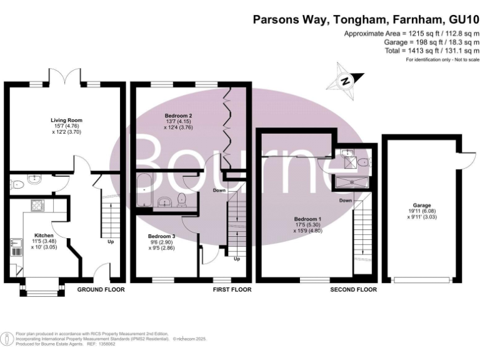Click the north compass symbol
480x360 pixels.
345,79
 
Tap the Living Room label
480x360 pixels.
67,120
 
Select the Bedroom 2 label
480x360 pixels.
178,116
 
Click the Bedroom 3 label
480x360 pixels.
162,236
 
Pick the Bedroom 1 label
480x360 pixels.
307,219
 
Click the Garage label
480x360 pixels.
421,205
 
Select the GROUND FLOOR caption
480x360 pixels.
101,290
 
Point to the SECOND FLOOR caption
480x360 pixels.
354,290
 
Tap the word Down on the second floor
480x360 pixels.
346,201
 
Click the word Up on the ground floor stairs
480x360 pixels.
111,241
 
